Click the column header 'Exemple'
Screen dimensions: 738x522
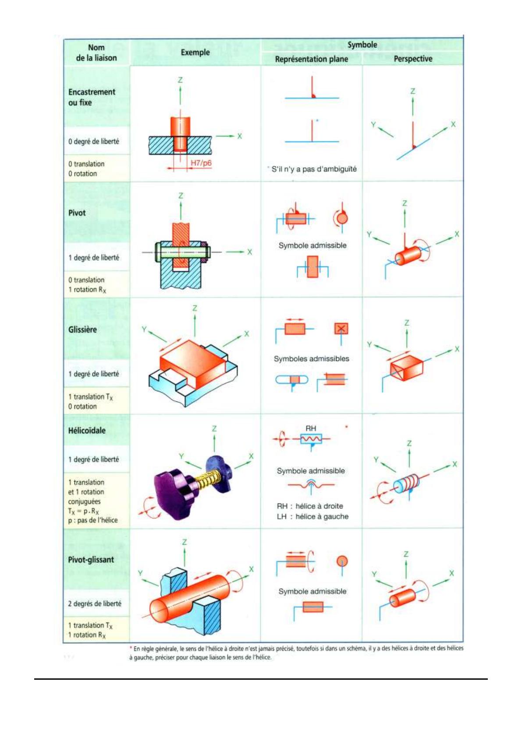pyautogui.click(x=195, y=53)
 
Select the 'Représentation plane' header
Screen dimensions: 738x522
pyautogui.click(x=311, y=59)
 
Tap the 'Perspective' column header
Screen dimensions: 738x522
pyautogui.click(x=412, y=59)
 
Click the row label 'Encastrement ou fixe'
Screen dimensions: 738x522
pyautogui.click(x=91, y=97)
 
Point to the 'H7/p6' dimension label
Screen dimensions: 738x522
pyautogui.click(x=201, y=163)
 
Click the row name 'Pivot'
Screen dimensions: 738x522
pyautogui.click(x=77, y=213)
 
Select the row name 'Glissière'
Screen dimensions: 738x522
pyautogui.click(x=82, y=330)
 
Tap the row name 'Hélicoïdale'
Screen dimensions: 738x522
pyautogui.click(x=87, y=430)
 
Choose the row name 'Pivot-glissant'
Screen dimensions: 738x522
pyautogui.click(x=91, y=560)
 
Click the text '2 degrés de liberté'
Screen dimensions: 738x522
pyautogui.click(x=94, y=603)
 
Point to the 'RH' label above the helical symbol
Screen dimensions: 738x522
pyautogui.click(x=311, y=428)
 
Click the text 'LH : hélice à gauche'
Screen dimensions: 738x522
pyautogui.click(x=312, y=517)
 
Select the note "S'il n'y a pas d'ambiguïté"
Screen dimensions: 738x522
pyautogui.click(x=313, y=169)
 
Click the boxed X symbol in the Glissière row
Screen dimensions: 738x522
pyautogui.click(x=341, y=329)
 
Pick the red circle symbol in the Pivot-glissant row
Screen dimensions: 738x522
pyautogui.click(x=342, y=561)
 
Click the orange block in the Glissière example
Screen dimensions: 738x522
pyautogui.click(x=193, y=364)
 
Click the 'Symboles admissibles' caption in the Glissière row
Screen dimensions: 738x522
pyautogui.click(x=311, y=359)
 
